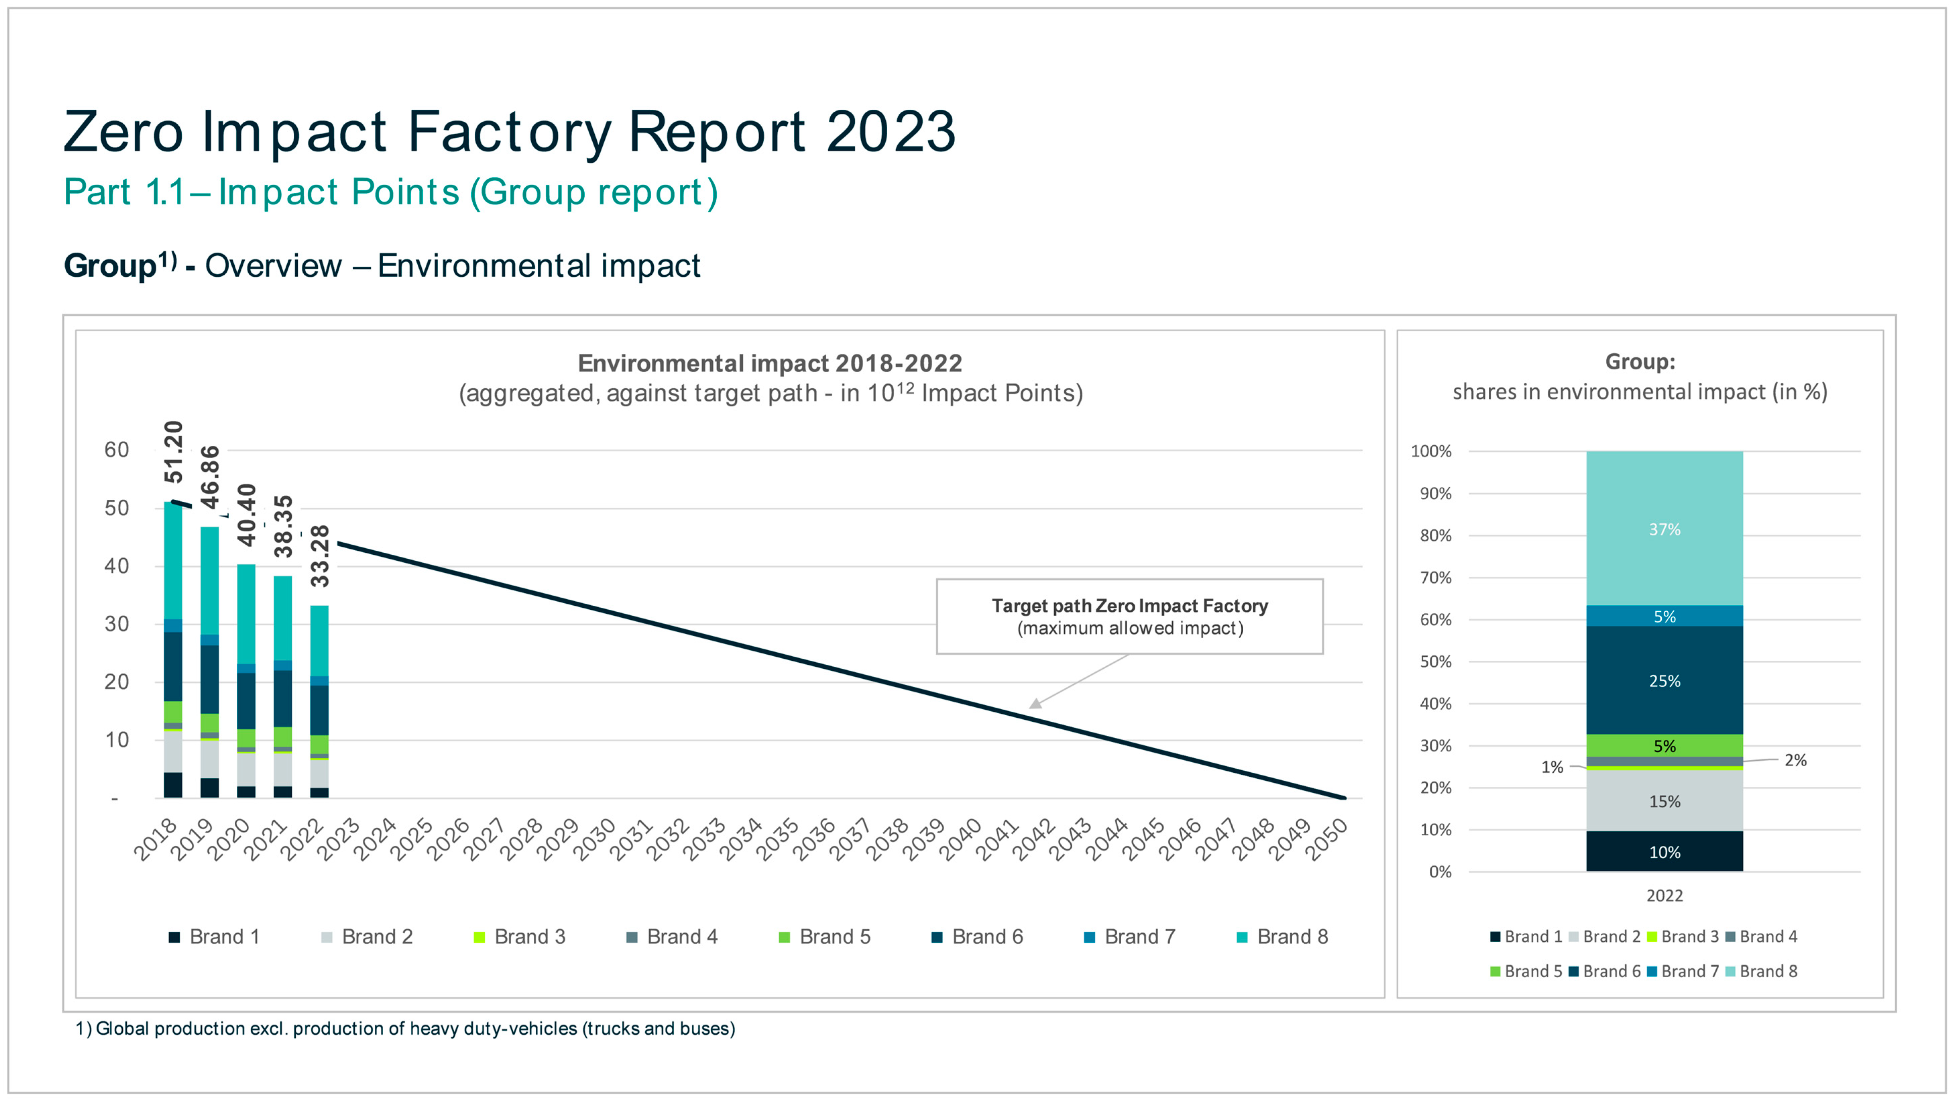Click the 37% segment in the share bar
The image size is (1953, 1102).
pyautogui.click(x=1664, y=530)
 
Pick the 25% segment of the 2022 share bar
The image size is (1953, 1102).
pyautogui.click(x=1664, y=681)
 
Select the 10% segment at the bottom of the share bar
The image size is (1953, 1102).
pyautogui.click(x=1664, y=852)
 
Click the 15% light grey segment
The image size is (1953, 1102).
pyautogui.click(x=1664, y=801)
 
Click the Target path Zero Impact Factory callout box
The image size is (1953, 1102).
pyautogui.click(x=1129, y=617)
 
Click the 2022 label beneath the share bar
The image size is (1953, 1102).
pyautogui.click(x=1664, y=896)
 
